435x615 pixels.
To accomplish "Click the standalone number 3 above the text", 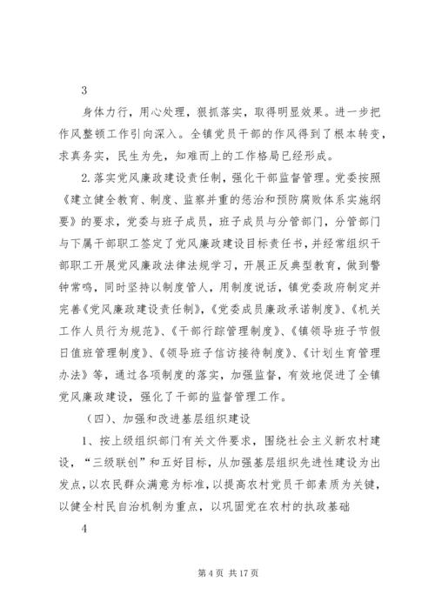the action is (x=84, y=90).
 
